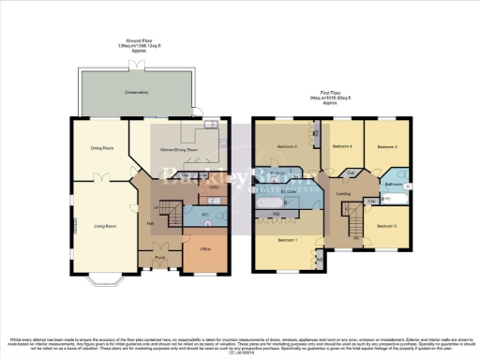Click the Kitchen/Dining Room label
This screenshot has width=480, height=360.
pos(180,149)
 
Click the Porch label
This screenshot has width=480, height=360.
pos(161,256)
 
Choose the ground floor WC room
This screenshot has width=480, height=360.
pos(205,215)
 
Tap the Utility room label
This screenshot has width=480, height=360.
pos(213,187)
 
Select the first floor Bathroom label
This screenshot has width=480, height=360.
pos(393,185)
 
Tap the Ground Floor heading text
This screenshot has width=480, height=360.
pos(140,41)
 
